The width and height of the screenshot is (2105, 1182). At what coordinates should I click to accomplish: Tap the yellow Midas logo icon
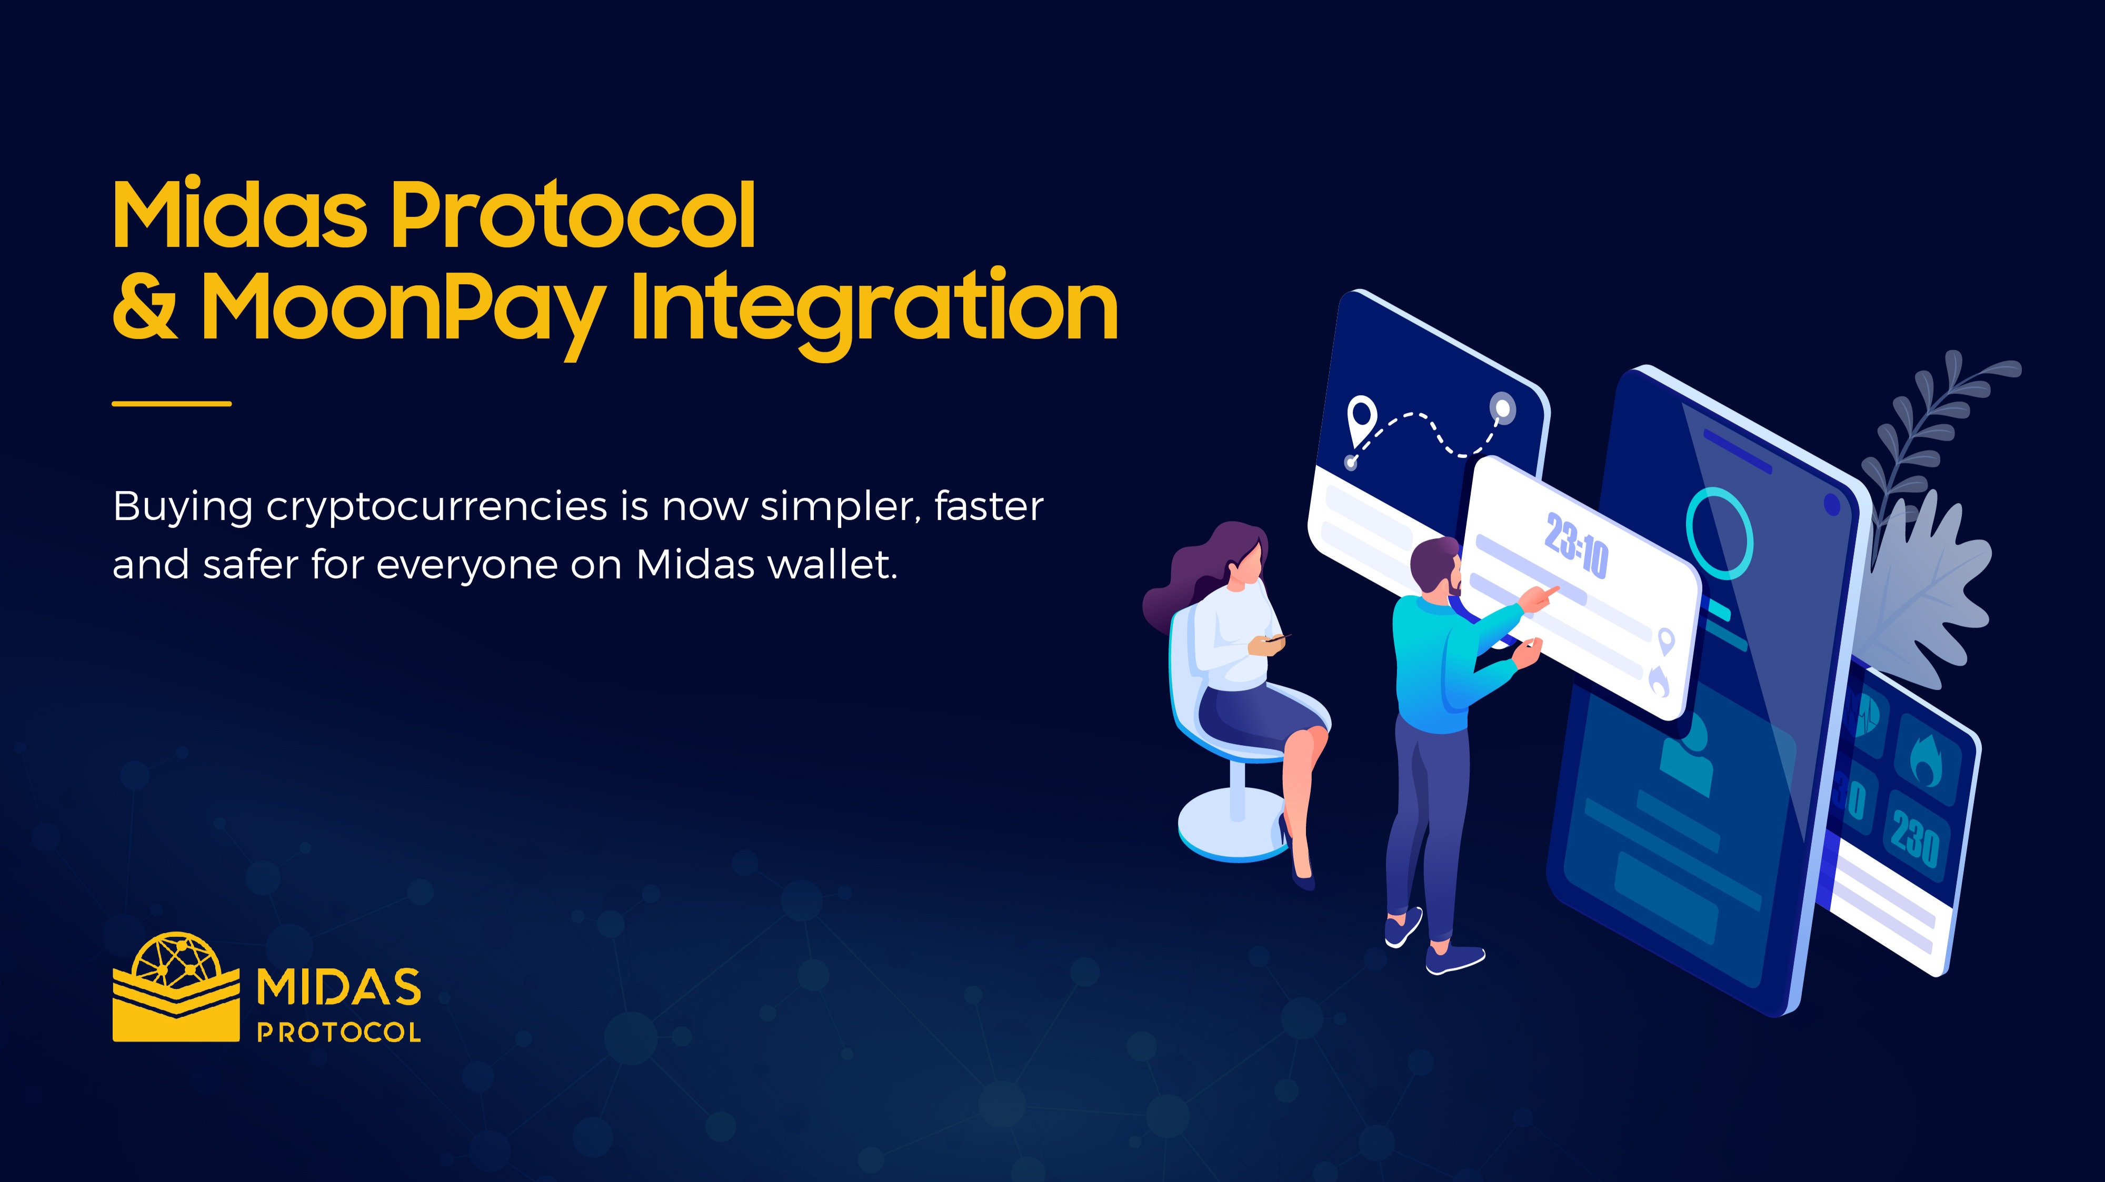coord(176,988)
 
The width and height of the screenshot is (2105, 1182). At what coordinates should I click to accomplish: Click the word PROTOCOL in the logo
coord(339,1033)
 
